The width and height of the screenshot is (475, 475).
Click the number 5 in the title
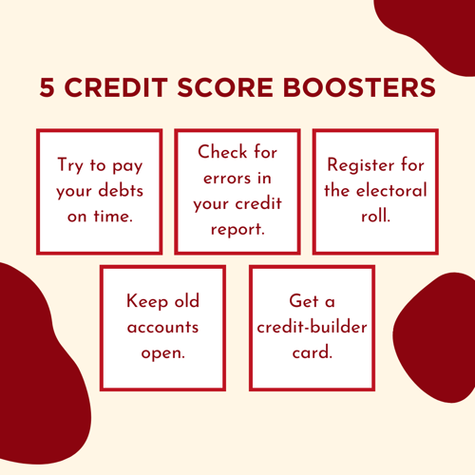47,88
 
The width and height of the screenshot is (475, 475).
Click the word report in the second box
237,228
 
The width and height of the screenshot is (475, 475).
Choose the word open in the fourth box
162,353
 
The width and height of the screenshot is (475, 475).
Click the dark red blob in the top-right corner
432,19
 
